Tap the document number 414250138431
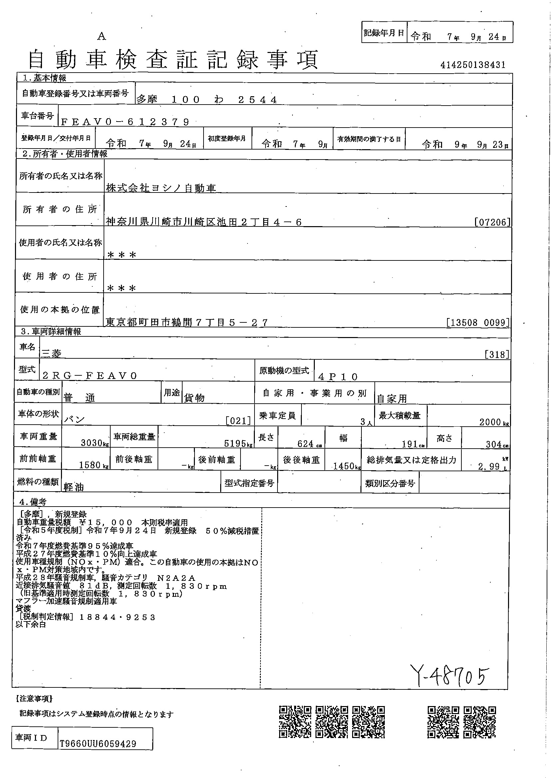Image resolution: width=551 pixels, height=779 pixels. tap(473, 65)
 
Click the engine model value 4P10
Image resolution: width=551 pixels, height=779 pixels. tap(338, 377)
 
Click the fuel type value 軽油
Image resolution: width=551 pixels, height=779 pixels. tap(74, 487)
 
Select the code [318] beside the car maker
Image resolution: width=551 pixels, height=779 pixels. tap(497, 355)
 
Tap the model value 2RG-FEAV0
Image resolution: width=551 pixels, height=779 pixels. tap(90, 376)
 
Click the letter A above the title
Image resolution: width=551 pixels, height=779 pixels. tap(102, 37)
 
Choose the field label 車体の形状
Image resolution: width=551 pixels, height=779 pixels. tap(38, 414)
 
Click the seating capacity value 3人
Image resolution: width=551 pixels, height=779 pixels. tap(366, 422)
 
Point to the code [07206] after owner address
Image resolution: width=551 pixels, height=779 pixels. tap(492, 222)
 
